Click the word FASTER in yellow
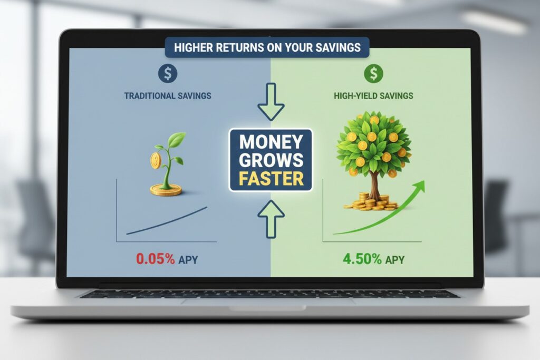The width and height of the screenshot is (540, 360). [x=271, y=178]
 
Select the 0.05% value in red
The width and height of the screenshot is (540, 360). [x=155, y=259]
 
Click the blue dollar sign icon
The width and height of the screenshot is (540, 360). [x=168, y=74]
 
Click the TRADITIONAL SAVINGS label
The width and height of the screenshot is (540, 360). [x=167, y=96]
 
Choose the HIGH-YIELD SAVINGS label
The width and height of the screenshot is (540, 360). [x=373, y=96]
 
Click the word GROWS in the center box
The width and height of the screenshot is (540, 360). [x=271, y=160]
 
